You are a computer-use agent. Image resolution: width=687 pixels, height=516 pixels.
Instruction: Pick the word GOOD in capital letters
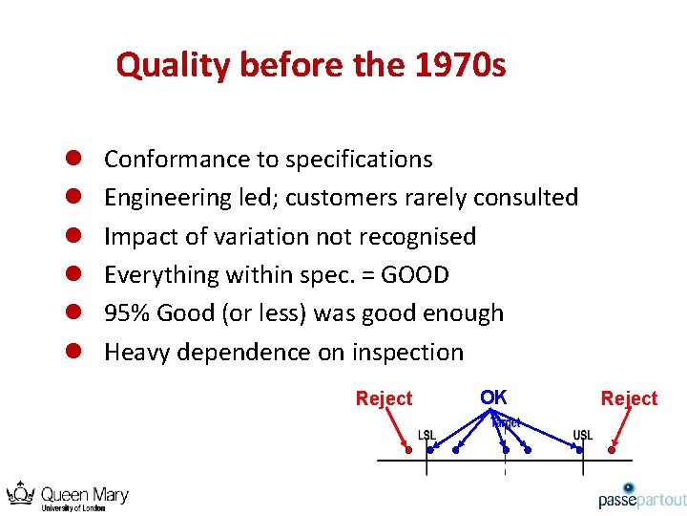coord(414,275)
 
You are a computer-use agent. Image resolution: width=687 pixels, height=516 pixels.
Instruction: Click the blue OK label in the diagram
coord(493,397)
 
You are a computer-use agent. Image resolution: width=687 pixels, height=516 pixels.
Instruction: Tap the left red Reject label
coord(384,398)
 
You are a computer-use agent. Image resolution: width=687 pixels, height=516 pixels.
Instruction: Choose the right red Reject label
coord(629,398)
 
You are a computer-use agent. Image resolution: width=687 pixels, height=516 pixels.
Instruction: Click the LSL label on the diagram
coord(427,436)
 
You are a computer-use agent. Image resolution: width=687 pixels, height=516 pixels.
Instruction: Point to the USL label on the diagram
coord(583,436)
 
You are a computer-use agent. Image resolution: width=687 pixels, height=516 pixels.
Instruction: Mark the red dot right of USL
coord(612,449)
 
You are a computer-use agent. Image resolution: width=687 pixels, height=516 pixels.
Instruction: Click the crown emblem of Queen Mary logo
coord(21,494)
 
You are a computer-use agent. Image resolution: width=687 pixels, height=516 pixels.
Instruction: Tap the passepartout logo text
coord(642,500)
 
